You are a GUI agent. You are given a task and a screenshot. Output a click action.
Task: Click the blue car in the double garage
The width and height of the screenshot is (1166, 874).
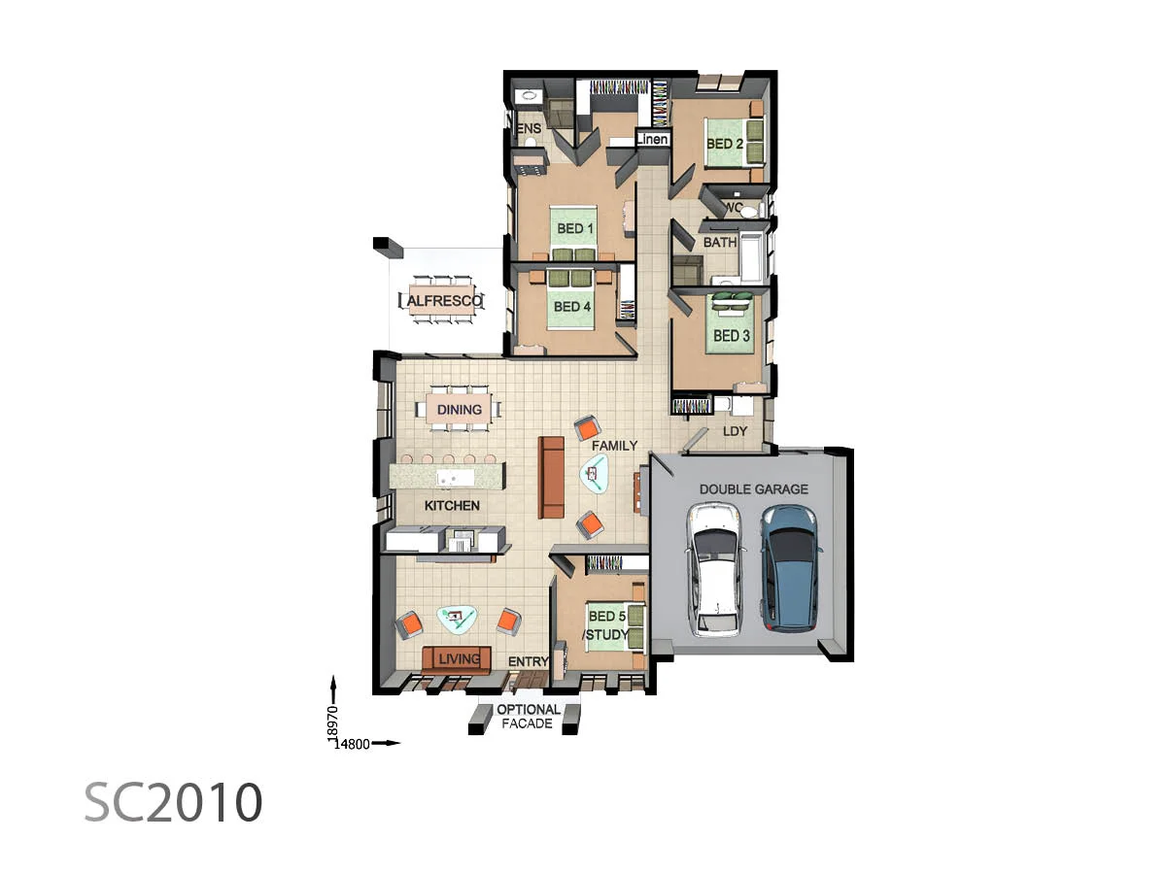(x=790, y=567)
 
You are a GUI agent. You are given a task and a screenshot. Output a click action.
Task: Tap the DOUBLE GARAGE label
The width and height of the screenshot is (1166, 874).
(x=753, y=489)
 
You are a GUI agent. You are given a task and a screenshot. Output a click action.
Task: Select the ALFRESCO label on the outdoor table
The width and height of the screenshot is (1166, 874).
(x=443, y=303)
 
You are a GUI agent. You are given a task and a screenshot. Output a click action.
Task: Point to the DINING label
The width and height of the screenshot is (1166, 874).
(x=459, y=410)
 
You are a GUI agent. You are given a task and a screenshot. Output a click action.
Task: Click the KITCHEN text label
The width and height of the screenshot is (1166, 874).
(x=452, y=506)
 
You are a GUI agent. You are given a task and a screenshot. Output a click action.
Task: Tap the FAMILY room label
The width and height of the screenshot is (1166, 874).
(x=614, y=446)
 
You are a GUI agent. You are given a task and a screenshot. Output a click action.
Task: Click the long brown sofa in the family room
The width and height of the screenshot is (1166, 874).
(x=552, y=477)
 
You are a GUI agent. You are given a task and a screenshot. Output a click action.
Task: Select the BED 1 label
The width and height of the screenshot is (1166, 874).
(x=573, y=229)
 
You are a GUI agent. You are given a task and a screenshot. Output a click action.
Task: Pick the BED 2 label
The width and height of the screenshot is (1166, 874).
(x=725, y=144)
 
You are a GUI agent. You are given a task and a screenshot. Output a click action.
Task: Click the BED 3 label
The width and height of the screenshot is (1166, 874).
(x=732, y=336)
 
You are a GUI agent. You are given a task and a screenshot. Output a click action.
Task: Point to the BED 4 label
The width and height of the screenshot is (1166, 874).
(x=571, y=306)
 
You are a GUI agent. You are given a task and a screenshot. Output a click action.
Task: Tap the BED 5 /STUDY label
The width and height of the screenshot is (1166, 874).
(x=604, y=625)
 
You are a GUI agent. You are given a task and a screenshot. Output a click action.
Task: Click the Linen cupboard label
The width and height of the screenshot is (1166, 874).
(x=652, y=140)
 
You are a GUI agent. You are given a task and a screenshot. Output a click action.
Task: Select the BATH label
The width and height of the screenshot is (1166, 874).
(x=720, y=243)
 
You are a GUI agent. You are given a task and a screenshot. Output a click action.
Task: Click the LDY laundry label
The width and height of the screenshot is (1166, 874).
(x=733, y=431)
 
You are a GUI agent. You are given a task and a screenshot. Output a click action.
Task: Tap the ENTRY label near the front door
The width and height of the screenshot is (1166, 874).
(x=529, y=662)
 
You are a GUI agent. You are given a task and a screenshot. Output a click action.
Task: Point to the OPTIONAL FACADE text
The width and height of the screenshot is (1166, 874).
(x=529, y=717)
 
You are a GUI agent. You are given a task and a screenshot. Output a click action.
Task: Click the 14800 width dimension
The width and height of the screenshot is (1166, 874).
(x=351, y=744)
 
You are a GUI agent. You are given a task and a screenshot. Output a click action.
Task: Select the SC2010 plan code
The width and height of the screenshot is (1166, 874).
(x=173, y=803)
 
